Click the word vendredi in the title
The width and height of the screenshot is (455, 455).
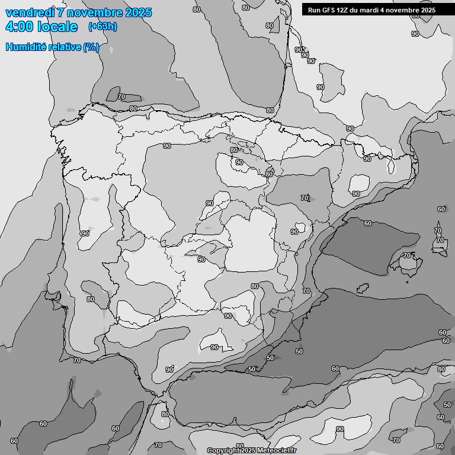[30, 12]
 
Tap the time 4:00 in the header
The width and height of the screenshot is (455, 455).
[19, 27]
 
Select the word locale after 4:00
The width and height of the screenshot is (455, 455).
[57, 27]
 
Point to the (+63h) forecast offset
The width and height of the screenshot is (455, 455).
[102, 26]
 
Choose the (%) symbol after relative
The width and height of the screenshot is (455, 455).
[91, 47]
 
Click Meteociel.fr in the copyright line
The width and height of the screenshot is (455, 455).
[277, 451]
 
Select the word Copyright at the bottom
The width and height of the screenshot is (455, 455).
[223, 451]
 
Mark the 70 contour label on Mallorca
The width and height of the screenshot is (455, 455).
[407, 255]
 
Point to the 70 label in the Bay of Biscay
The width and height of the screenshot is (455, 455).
[121, 97]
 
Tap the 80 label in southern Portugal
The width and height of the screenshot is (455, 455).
[91, 299]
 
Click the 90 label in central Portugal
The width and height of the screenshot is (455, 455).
[85, 233]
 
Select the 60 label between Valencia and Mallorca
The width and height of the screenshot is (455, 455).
[368, 223]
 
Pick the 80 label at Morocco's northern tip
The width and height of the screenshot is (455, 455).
[165, 414]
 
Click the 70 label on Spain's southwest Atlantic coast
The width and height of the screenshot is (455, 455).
[77, 360]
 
